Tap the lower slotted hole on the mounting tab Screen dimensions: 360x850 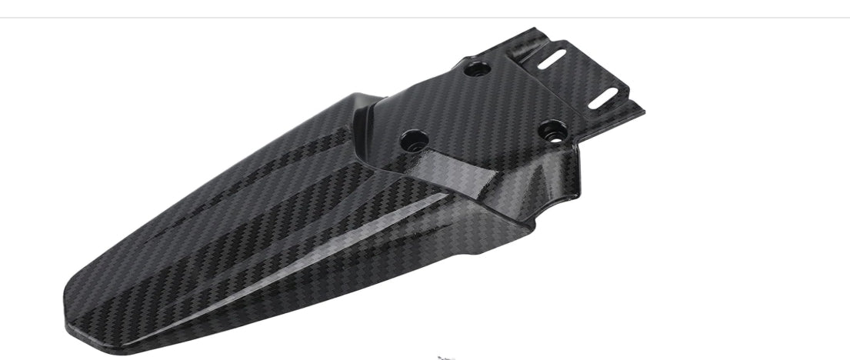tap(605, 98)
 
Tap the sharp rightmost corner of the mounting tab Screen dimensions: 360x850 tap(643, 112)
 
